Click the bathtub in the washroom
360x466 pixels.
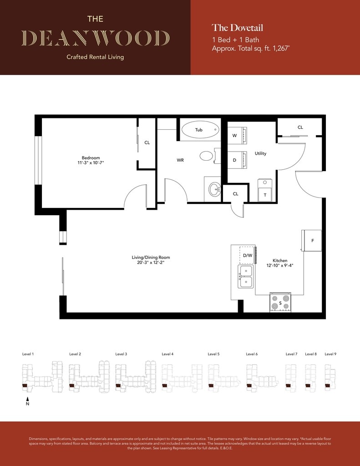(200, 130)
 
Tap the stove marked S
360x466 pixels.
(280, 302)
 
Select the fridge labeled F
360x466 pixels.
(312, 240)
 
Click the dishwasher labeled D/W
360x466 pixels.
(247, 255)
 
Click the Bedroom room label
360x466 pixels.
(91, 157)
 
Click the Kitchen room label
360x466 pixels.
(280, 260)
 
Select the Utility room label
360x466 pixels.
(260, 153)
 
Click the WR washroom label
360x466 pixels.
(180, 160)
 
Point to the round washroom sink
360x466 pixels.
(215, 189)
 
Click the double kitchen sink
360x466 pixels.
(246, 276)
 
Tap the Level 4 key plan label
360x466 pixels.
(167, 354)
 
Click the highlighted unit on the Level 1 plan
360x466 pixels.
(25, 385)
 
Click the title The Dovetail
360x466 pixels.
(238, 28)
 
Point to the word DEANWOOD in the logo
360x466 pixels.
(96, 38)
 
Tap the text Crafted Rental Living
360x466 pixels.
(95, 57)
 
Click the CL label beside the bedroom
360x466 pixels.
(147, 142)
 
